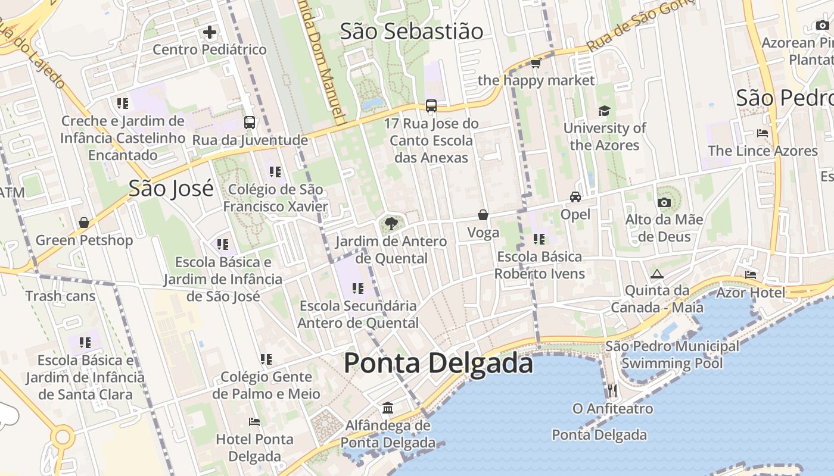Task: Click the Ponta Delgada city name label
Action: [x=438, y=363]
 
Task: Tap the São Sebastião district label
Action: [x=411, y=32]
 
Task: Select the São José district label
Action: [x=171, y=189]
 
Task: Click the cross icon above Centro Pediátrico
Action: [x=210, y=32]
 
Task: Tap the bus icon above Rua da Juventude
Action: [x=250, y=123]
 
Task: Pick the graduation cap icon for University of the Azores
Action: [x=604, y=111]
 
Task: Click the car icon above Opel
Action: [x=575, y=197]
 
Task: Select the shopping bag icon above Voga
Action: [x=483, y=215]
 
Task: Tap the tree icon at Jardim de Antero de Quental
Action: [x=391, y=224]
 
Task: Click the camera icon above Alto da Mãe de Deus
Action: [x=664, y=202]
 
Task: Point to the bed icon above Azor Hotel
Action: [x=751, y=274]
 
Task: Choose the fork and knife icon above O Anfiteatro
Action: [x=612, y=390]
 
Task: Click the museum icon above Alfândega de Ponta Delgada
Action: [x=388, y=408]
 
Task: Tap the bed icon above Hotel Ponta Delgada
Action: [x=254, y=422]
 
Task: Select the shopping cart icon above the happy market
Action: [x=536, y=63]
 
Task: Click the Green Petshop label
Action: [x=84, y=240]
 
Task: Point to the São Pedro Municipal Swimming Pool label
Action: [x=672, y=355]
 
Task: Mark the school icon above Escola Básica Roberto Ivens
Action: [x=539, y=239]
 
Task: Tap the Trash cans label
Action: [x=60, y=296]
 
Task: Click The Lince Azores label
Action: [x=763, y=151]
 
